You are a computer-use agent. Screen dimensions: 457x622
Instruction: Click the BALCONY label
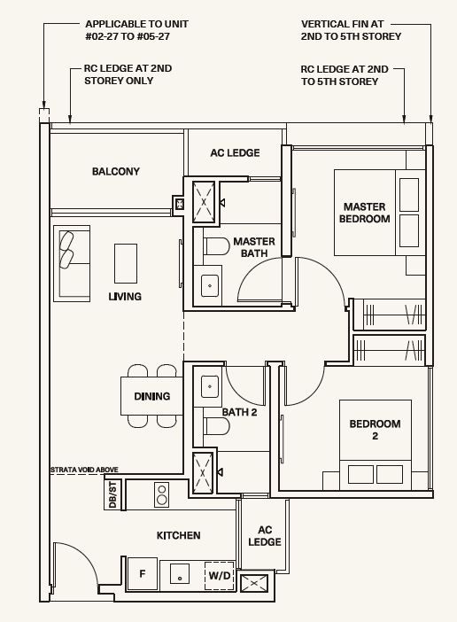(x=116, y=171)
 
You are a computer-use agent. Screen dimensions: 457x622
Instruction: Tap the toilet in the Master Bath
(x=216, y=246)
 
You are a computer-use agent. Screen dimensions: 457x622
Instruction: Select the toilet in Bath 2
(x=216, y=426)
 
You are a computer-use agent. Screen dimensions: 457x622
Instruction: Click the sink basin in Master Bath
(x=210, y=285)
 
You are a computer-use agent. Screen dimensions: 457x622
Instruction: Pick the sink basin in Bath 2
(x=210, y=386)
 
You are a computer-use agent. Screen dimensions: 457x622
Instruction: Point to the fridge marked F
(x=143, y=573)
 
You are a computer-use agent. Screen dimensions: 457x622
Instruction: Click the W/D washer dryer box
(x=220, y=576)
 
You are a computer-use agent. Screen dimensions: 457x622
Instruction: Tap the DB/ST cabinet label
(x=112, y=494)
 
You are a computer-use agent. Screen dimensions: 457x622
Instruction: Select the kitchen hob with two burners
(x=162, y=494)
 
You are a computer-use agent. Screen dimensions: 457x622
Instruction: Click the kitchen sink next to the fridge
(x=180, y=574)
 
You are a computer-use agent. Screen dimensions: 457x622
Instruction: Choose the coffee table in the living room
(x=126, y=263)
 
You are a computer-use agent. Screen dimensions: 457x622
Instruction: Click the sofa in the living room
(x=72, y=264)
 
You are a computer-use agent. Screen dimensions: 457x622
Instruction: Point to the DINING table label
(x=152, y=396)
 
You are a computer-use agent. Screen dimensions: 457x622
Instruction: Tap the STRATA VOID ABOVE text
(x=84, y=470)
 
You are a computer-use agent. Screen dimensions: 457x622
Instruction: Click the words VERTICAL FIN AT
(x=343, y=24)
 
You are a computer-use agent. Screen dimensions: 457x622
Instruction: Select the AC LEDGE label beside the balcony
(x=235, y=152)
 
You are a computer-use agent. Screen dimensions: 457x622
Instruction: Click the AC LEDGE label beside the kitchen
(x=265, y=536)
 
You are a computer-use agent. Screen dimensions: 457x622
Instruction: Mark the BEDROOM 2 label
(x=375, y=430)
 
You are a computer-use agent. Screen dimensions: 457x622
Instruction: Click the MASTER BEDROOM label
(x=365, y=213)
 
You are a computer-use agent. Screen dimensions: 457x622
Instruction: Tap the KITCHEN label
(x=178, y=535)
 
